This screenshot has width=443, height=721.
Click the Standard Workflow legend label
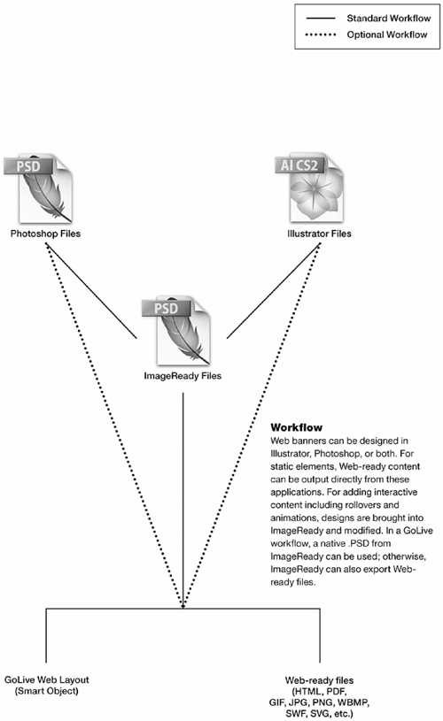pos(389,19)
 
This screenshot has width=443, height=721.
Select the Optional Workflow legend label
pos(387,35)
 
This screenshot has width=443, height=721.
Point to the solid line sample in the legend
pos(321,19)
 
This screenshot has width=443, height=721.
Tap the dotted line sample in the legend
pos(321,35)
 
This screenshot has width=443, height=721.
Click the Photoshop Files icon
pos(39,189)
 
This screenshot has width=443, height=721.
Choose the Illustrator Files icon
pos(310,188)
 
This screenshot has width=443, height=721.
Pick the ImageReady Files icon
pos(176,331)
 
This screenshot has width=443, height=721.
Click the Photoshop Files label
pos(45,234)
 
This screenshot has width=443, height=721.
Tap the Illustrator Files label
pos(319,234)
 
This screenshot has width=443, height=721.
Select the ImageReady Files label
pos(183,376)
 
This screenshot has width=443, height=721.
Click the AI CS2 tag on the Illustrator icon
pos(299,165)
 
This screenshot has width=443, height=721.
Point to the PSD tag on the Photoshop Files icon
pos(28,166)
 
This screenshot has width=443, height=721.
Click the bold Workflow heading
pos(297,427)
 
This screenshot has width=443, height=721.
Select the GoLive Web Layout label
pos(46,679)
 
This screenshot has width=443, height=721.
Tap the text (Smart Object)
pos(46,691)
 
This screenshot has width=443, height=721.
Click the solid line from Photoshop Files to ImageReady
pos(91,290)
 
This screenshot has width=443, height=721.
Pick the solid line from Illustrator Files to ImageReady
pos(274,290)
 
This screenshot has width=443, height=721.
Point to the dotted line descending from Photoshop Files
pos(114,426)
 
